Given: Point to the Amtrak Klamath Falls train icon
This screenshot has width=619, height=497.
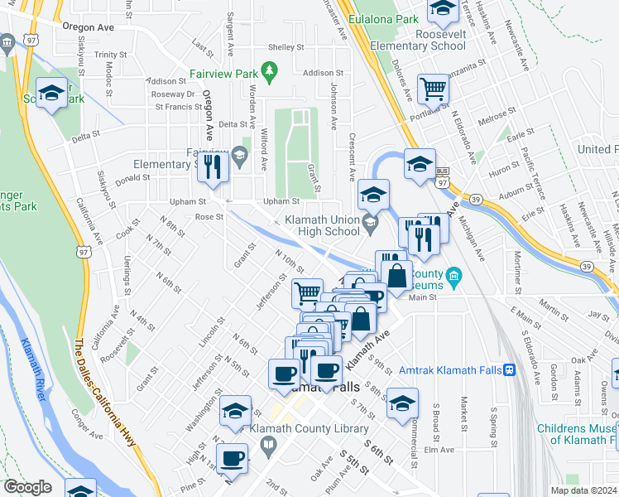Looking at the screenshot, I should (510, 369).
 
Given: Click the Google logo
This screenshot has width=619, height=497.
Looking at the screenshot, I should (27, 487).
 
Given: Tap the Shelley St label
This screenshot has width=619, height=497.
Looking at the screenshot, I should (286, 47).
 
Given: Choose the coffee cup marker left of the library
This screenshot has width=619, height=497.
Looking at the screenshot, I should (231, 457).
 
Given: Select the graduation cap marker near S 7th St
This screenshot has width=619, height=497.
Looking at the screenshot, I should (402, 403).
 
